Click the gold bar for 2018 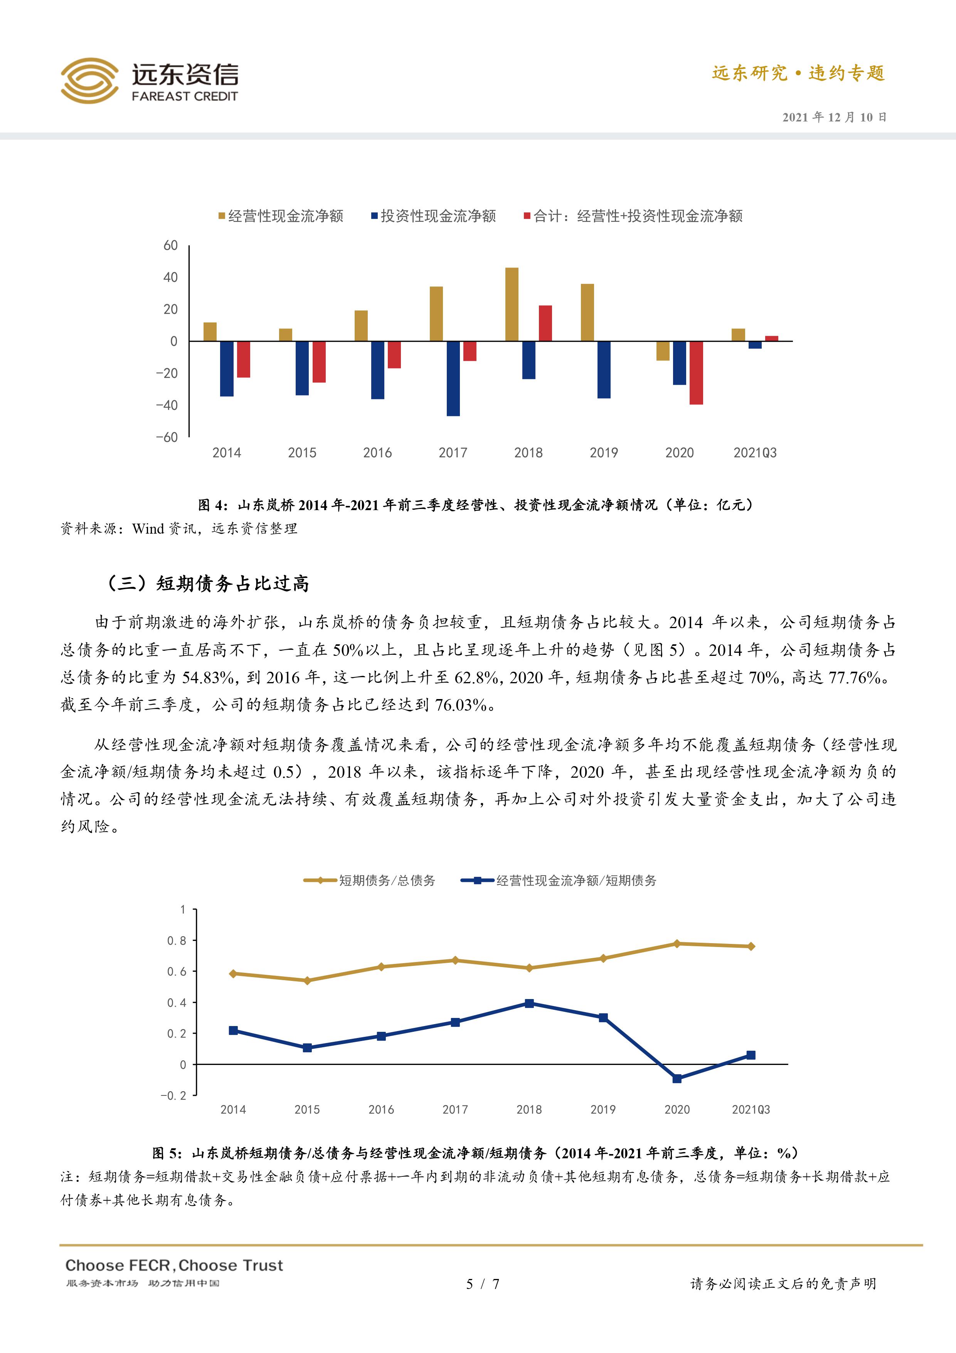[512, 304]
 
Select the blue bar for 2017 [453, 378]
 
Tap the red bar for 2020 [696, 372]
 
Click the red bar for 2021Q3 [772, 338]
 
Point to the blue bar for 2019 [604, 369]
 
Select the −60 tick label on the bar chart [167, 437]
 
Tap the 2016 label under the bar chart [377, 453]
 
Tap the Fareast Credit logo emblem [89, 81]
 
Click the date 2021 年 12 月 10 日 [834, 117]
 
